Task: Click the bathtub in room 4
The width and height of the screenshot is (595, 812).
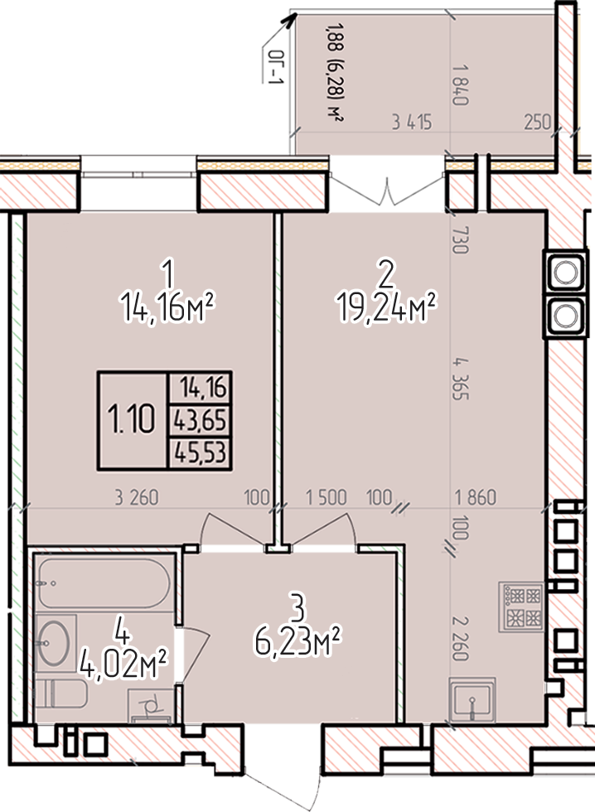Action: [x=104, y=583]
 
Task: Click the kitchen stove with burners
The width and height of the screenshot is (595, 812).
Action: [x=520, y=607]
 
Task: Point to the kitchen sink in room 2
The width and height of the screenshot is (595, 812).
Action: [x=472, y=699]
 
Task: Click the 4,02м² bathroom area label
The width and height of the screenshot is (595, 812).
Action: [x=123, y=665]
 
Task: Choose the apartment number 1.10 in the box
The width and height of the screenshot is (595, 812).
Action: [x=131, y=419]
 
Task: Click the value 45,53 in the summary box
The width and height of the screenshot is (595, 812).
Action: [x=201, y=452]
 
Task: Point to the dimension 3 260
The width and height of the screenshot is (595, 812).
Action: [x=136, y=497]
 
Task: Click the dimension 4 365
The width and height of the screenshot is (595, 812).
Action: [x=460, y=379]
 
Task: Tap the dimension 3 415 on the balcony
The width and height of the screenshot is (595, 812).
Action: [x=412, y=123]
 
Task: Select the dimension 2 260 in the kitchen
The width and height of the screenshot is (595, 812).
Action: [x=460, y=639]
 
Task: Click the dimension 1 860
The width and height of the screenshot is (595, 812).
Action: [x=476, y=497]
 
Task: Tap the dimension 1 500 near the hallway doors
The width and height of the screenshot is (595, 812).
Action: [x=326, y=497]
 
